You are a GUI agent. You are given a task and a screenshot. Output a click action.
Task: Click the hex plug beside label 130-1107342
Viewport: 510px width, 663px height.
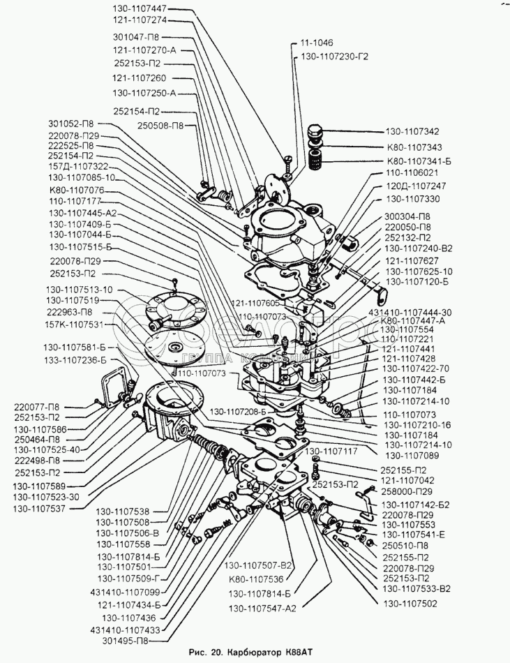click(x=315, y=133)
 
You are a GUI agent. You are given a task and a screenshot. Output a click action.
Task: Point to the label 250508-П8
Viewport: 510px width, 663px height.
click(x=160, y=126)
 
